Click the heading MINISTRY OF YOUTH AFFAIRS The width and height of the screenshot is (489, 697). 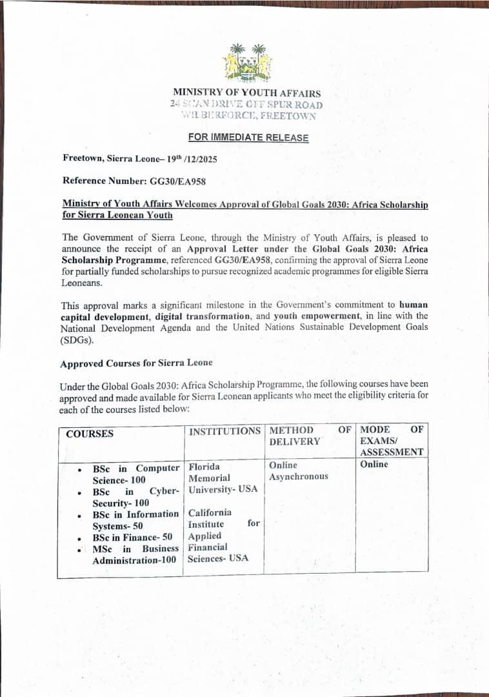point(246,93)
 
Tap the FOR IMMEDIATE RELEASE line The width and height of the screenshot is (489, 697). point(248,137)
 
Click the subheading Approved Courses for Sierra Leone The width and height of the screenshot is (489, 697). point(136,363)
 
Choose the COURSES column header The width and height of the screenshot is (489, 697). point(90,434)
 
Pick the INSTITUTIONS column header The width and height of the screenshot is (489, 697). point(225,430)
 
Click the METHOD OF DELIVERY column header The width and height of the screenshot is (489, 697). point(310,436)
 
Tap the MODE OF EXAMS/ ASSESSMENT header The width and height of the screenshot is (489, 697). point(392,441)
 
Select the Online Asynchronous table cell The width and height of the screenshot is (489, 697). point(299,470)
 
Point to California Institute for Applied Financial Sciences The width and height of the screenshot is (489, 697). point(224,535)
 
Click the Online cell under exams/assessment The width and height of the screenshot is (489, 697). point(374,464)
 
